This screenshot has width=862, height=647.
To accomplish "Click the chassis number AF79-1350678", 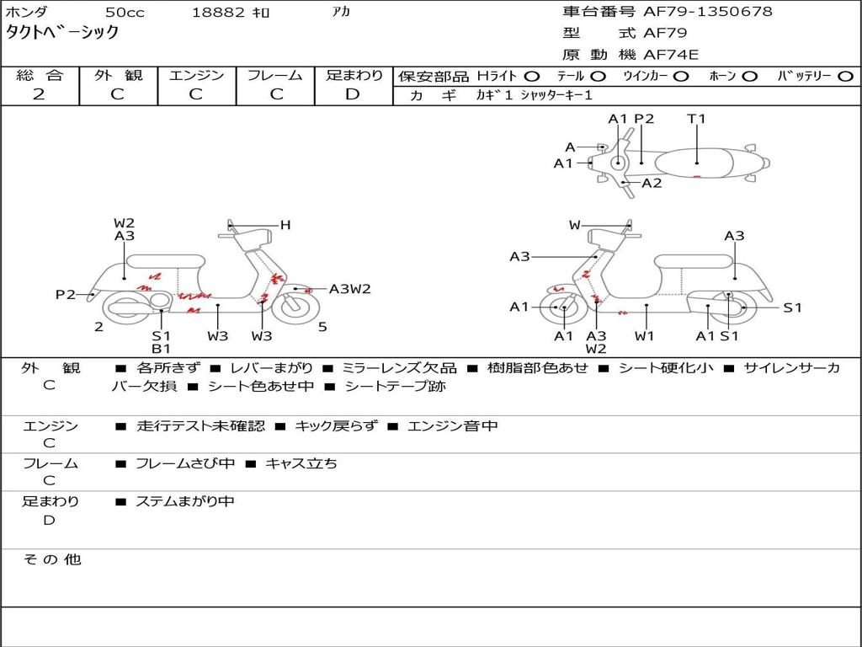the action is (x=707, y=12).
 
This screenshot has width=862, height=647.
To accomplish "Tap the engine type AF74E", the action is (x=671, y=55).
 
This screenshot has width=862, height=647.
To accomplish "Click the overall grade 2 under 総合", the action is (x=39, y=94).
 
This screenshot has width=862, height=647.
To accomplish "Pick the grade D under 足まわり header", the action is (x=353, y=94).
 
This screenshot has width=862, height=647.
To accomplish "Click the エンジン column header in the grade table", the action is (x=196, y=75).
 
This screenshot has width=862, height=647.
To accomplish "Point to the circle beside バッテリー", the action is (x=845, y=77).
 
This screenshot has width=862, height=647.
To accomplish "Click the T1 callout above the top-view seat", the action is (x=696, y=119).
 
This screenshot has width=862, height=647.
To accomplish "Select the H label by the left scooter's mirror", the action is (x=285, y=225).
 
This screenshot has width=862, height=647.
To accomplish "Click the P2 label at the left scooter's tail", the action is (x=66, y=295).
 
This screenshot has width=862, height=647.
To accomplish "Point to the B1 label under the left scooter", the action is (x=161, y=348).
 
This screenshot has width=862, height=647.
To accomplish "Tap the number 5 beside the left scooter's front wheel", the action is (x=322, y=327).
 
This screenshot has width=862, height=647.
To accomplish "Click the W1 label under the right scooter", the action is (x=644, y=335).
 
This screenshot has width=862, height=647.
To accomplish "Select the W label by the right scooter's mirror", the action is (x=574, y=225).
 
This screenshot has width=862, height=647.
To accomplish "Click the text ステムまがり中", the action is (x=185, y=501).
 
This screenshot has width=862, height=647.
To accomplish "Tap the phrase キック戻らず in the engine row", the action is (x=337, y=425).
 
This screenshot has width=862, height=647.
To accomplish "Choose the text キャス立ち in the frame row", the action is (x=301, y=464).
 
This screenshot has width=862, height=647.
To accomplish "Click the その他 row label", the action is (x=52, y=559).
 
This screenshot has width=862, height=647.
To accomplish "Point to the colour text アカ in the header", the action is (x=341, y=12).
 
